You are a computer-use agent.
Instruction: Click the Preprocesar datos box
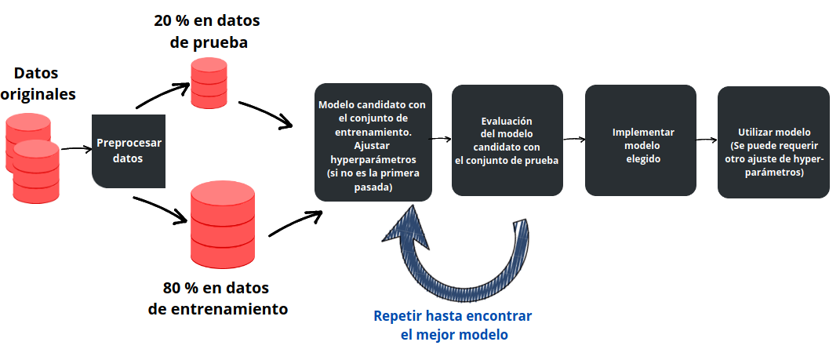click(129, 151)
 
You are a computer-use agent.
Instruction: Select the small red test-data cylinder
click(209, 82)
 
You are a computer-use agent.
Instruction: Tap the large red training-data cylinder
click(224, 224)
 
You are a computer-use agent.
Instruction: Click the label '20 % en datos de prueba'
click(209, 31)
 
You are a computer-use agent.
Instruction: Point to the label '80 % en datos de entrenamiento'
click(217, 297)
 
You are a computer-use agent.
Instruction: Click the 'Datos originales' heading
click(37, 83)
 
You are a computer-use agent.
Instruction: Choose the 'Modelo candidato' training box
click(373, 142)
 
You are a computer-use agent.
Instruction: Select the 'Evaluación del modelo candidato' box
click(507, 141)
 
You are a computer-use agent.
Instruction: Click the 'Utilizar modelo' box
click(773, 143)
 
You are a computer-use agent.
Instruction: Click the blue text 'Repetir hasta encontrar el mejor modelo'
click(453, 325)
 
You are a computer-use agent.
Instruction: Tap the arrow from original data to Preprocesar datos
click(76, 147)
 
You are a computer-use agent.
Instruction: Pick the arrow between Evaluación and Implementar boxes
click(574, 140)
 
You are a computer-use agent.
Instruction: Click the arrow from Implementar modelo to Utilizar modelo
click(707, 140)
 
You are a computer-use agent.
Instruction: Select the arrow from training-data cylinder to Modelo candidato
click(295, 224)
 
